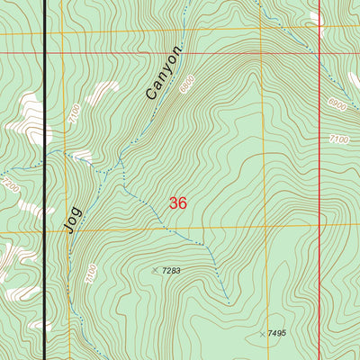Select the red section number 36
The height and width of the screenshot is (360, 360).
178,203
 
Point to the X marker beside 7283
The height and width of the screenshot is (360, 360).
156,270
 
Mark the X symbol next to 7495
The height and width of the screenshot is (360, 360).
262,334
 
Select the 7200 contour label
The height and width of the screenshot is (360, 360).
12,188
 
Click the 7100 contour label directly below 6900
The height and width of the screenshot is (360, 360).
338,139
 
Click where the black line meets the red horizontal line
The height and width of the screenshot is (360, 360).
46,53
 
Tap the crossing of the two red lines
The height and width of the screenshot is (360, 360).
320,53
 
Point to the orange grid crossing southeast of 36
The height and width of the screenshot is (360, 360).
265,227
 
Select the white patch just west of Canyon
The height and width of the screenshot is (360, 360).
103,91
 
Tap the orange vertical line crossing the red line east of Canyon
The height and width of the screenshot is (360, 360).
265,53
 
